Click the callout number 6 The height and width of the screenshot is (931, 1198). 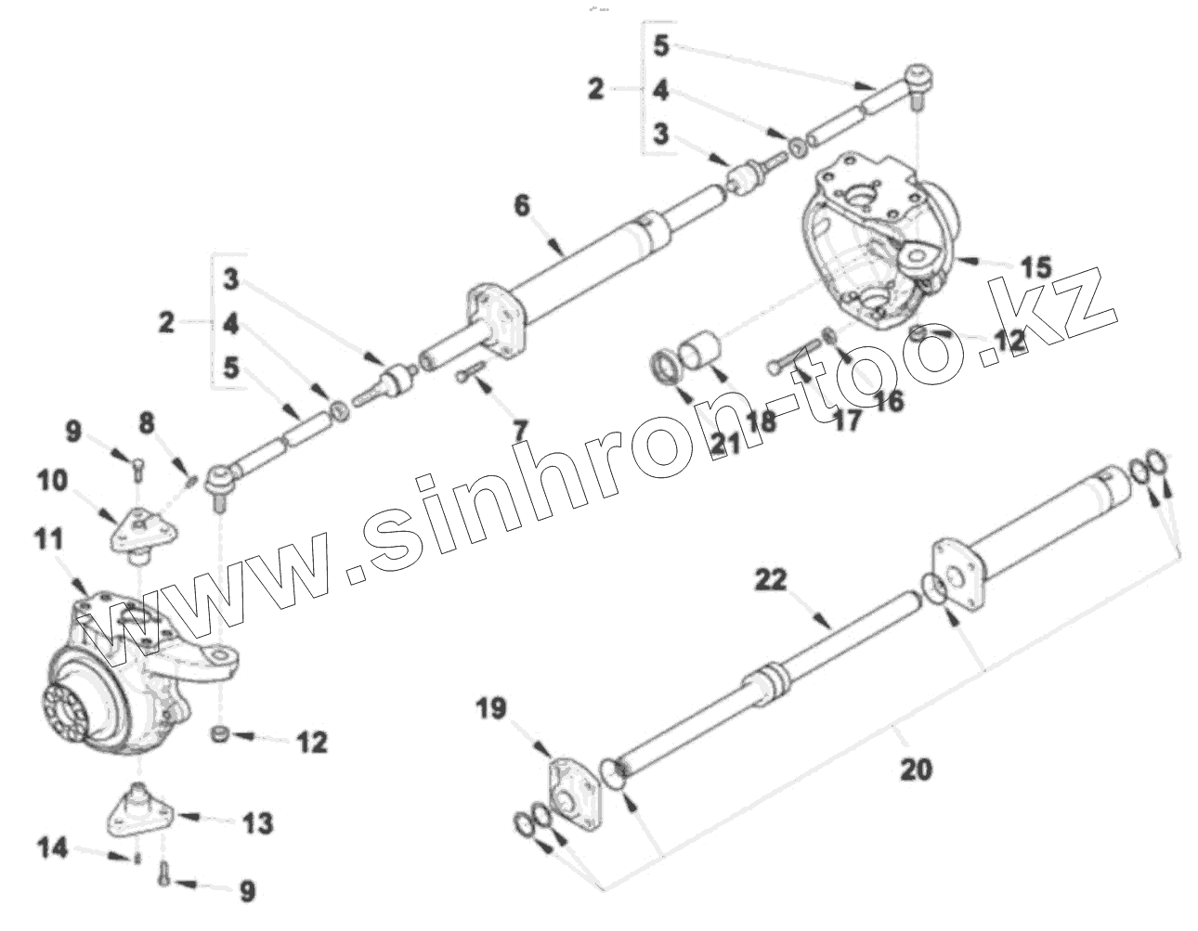tap(522, 205)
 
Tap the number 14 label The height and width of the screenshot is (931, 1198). tap(53, 847)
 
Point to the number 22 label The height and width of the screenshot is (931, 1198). tap(770, 581)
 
